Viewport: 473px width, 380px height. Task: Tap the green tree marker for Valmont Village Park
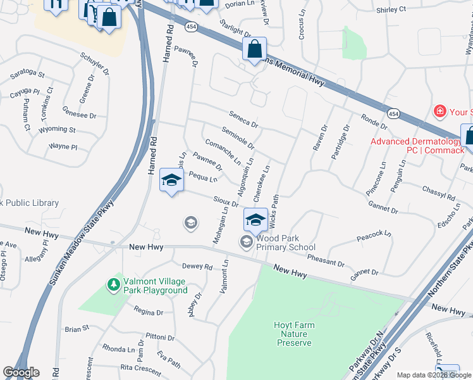point(114,285)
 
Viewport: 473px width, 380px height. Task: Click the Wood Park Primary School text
point(285,243)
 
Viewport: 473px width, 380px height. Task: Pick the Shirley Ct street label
point(391,9)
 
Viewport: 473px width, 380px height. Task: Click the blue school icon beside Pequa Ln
point(171,180)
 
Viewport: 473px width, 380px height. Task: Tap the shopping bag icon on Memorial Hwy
point(254,49)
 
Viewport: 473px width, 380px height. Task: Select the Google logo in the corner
point(21,372)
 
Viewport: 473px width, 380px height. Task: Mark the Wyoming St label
point(57,129)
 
